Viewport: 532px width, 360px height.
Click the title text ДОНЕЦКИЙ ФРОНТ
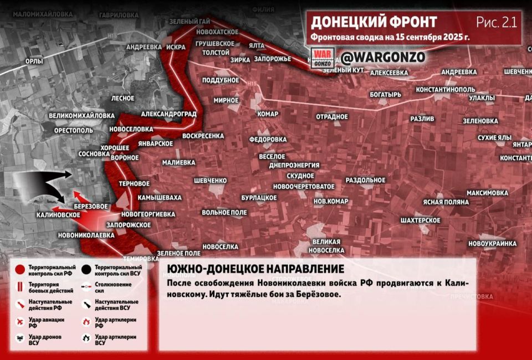point(374,22)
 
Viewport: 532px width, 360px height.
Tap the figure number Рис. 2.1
point(496,22)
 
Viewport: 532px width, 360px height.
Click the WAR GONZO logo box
point(323,58)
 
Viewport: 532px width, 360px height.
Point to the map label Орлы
point(34,61)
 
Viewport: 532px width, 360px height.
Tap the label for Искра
point(175,48)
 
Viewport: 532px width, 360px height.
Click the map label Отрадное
point(332,117)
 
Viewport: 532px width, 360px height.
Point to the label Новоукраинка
point(492,244)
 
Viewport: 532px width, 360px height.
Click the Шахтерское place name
point(421,220)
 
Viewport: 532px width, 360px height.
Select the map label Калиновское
point(55,214)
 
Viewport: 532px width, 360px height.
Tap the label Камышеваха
point(160,197)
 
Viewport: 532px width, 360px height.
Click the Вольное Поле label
point(224,213)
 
